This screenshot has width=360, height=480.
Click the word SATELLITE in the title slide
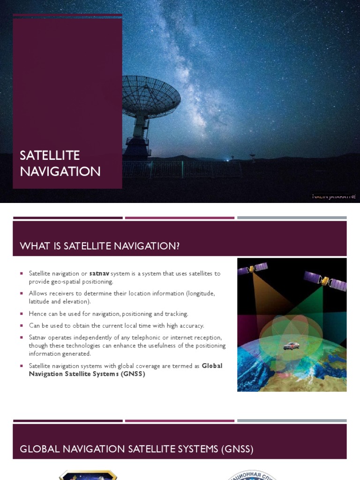pyautogui.click(x=50, y=155)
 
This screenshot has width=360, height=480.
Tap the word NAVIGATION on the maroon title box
pyautogui.click(x=60, y=172)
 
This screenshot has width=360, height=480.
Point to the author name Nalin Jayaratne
pyautogui.click(x=334, y=196)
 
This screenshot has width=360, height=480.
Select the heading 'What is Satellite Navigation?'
pyautogui.click(x=99, y=246)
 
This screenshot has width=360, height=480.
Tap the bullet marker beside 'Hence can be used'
pyautogui.click(x=22, y=314)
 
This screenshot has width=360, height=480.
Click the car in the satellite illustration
pyautogui.click(x=291, y=346)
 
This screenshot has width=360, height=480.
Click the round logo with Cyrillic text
pyautogui.click(x=252, y=474)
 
